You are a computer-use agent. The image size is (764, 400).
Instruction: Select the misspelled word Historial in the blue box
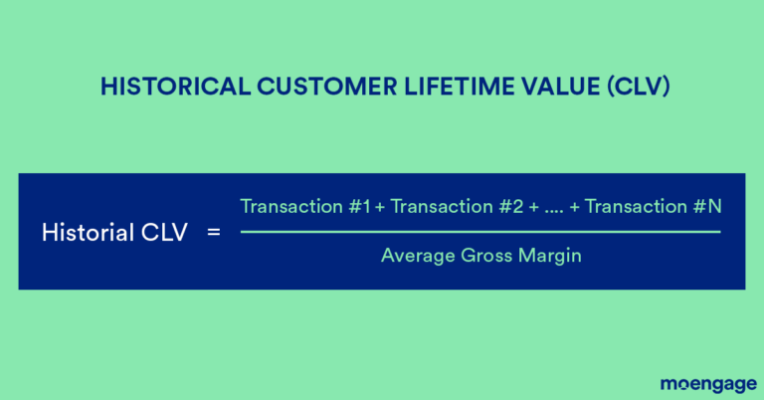click(x=83, y=234)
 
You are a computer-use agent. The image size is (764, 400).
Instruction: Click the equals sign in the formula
click(x=212, y=234)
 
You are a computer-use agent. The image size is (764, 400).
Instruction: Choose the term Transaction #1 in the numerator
click(x=305, y=207)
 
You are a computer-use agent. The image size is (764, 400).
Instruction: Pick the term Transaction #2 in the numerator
click(x=458, y=207)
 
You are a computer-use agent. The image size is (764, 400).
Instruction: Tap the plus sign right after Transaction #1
click(x=380, y=208)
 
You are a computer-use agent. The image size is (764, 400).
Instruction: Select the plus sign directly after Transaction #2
click(x=532, y=208)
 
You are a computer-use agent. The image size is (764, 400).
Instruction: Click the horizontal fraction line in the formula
click(x=479, y=232)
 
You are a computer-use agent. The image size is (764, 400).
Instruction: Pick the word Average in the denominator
click(x=414, y=256)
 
